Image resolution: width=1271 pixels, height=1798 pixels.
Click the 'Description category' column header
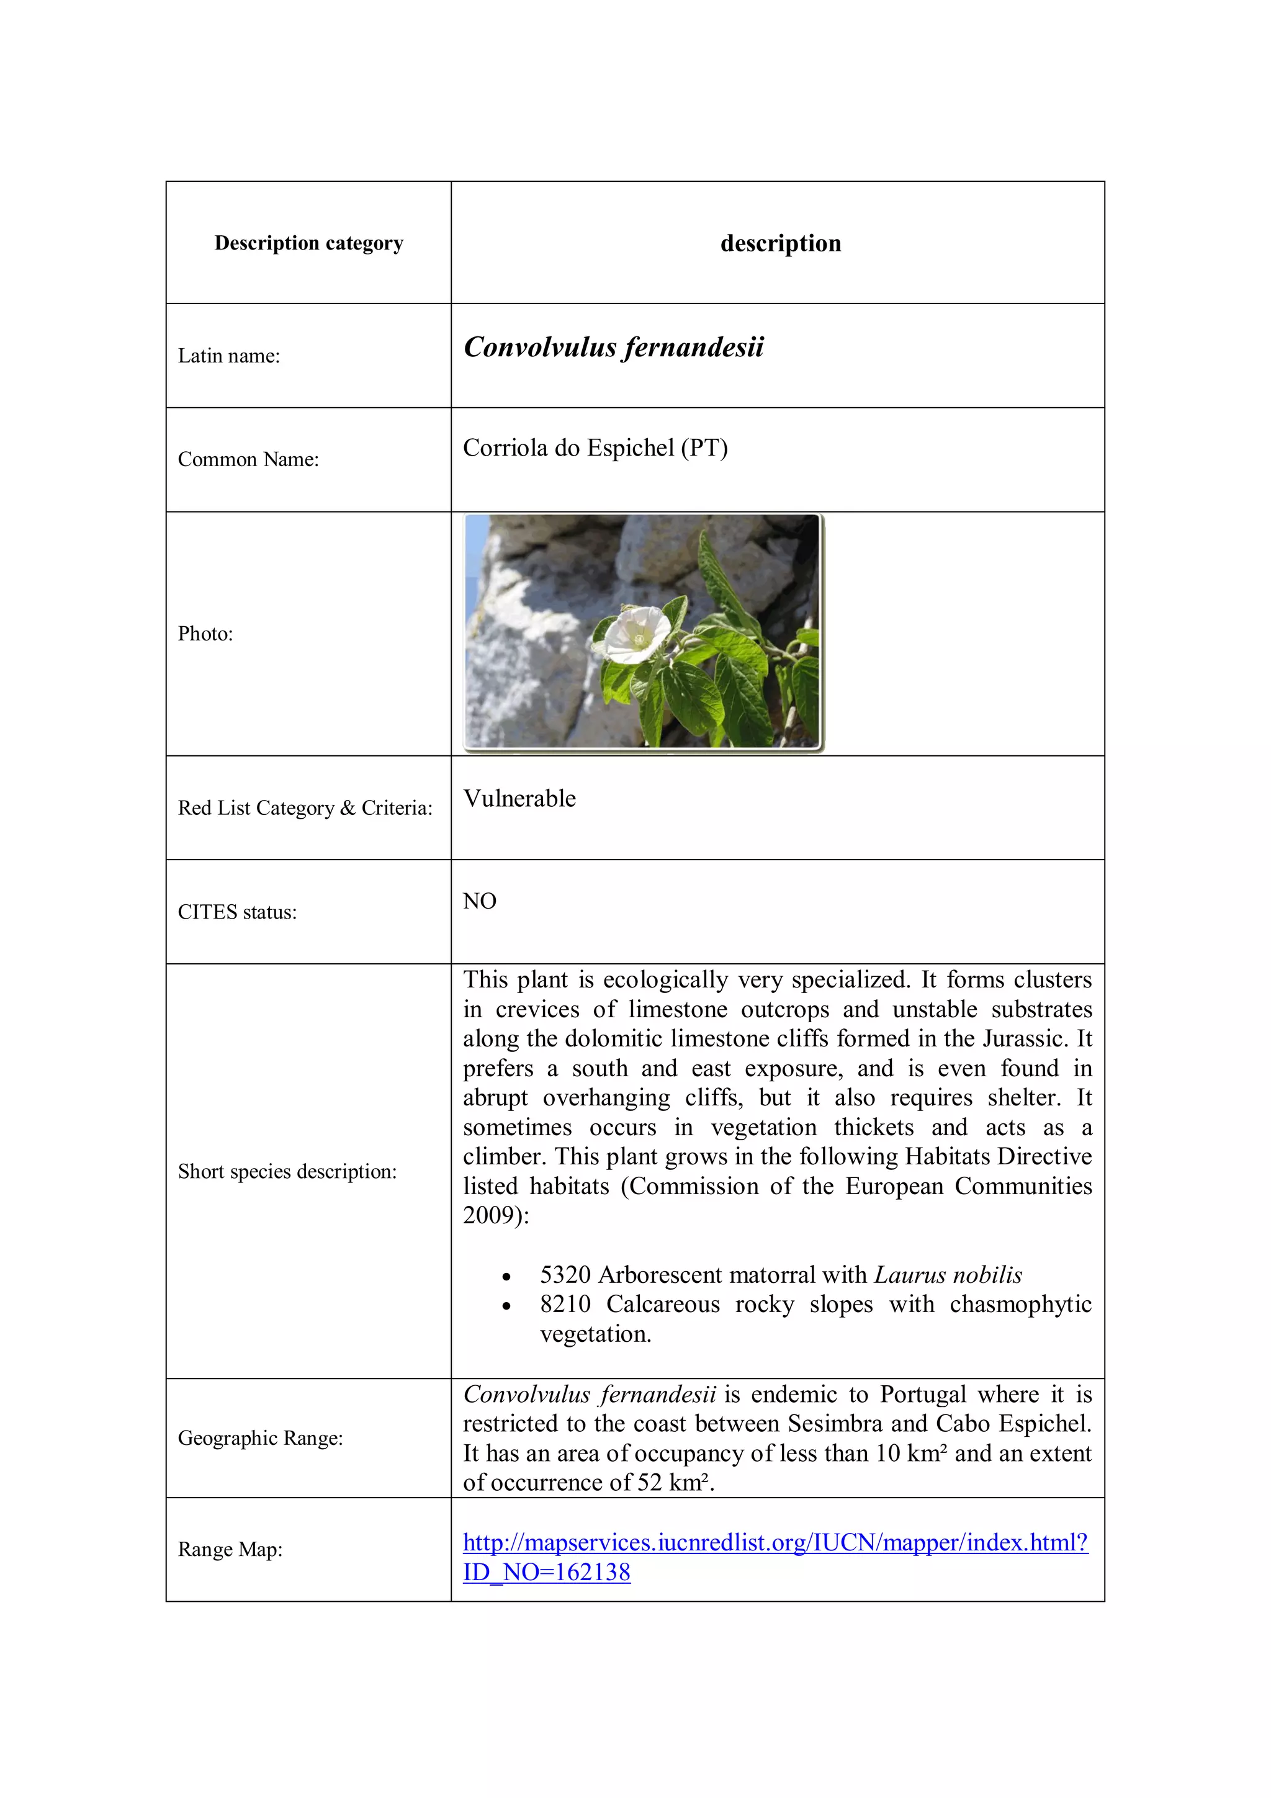tap(308, 243)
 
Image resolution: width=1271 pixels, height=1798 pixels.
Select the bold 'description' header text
tap(780, 243)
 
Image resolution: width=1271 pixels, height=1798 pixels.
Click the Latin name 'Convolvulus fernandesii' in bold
tap(613, 347)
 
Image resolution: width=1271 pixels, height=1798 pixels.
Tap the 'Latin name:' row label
tap(228, 356)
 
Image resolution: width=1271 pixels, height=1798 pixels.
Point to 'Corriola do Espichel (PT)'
tap(595, 448)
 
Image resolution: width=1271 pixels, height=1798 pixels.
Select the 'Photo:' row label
tap(205, 634)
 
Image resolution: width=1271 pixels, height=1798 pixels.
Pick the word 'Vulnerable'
tap(519, 799)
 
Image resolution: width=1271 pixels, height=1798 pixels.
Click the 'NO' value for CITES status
tap(479, 901)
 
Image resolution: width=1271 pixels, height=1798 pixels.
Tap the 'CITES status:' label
tap(237, 912)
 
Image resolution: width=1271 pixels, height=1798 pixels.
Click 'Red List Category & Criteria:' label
tap(305, 808)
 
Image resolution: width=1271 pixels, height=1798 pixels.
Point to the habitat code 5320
tap(565, 1275)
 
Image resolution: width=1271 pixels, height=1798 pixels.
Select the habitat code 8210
tap(565, 1305)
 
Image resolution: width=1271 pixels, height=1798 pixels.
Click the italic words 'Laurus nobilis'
tap(948, 1275)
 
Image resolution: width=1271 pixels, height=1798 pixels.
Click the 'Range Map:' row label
tap(230, 1550)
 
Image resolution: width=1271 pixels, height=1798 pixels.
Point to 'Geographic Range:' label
tap(260, 1439)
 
